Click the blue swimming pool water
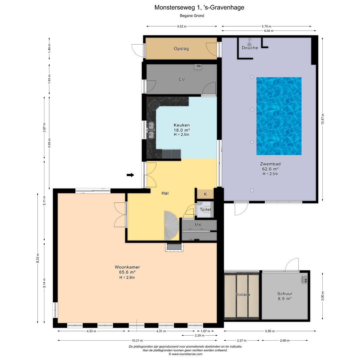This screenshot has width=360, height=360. pos(279,116)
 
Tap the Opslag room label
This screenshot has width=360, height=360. pos(181,49)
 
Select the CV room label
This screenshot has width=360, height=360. pos(182,79)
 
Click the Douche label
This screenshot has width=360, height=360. pos(250,48)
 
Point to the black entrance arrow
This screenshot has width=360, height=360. pos(130,175)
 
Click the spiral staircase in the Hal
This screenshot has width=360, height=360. pos(172,226)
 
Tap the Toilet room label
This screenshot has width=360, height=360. pos(205,209)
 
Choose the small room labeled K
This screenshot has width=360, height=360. pos(205,194)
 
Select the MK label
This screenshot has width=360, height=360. pos(198,225)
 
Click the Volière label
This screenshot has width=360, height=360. pos(243,294)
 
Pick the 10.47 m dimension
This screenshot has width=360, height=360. pos(322,119)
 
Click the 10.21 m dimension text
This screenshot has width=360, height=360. pos(137,340)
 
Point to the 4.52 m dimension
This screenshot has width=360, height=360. pos(182,26)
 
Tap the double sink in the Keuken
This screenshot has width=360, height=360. pos(151,130)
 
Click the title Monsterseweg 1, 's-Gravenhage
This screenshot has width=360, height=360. pos(199,8)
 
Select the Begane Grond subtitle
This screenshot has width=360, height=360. pos(192,16)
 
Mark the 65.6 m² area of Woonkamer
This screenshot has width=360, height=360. pos(127,272)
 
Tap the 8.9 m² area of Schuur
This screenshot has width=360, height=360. pos(285,299)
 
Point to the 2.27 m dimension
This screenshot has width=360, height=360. pos(242,340)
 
